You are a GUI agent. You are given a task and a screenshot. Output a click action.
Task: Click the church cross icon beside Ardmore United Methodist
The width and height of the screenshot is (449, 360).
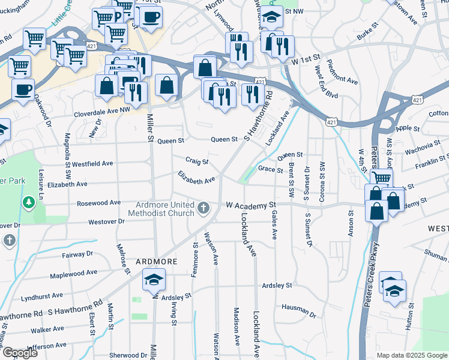click(x=203, y=208)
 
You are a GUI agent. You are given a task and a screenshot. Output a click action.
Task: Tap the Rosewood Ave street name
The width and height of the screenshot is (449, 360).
click(x=98, y=203)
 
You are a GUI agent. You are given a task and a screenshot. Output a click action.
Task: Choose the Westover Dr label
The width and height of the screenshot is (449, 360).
click(x=106, y=221)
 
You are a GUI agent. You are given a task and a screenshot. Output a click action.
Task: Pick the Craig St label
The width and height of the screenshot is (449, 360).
click(x=196, y=161)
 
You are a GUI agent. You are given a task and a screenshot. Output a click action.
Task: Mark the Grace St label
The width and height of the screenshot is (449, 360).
click(x=270, y=170)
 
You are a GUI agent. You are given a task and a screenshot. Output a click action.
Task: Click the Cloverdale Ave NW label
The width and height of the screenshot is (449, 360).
click(x=101, y=113)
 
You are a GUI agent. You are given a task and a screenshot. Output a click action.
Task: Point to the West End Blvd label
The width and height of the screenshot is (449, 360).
click(x=325, y=84)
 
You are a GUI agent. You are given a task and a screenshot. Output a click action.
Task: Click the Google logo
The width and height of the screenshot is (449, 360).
click(x=20, y=353)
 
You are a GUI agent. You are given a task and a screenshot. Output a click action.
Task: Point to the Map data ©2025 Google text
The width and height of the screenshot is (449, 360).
click(x=411, y=355)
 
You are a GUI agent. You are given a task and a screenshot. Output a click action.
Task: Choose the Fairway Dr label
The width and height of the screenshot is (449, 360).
click(x=77, y=254)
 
